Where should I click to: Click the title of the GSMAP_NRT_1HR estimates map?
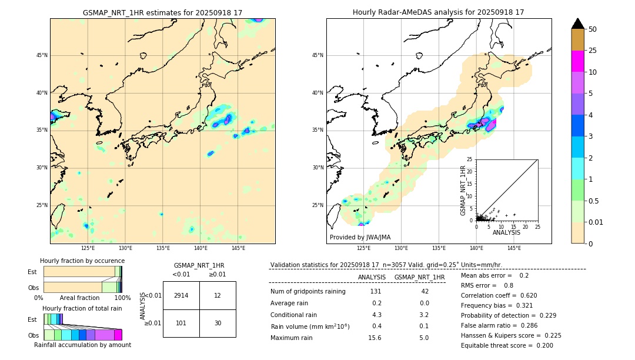162,12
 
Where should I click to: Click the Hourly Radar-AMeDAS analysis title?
439,12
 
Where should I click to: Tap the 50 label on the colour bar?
593,29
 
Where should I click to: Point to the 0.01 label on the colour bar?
596,222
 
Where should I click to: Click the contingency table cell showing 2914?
181,295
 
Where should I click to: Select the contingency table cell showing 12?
218,295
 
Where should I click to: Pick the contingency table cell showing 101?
181,323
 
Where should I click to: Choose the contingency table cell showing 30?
218,323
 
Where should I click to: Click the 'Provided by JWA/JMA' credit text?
360,238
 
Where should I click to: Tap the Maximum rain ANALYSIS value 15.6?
375,338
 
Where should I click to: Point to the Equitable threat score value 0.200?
542,345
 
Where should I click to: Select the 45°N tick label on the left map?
42,55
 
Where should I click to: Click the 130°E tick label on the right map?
401,249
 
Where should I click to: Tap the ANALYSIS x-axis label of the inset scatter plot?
506,232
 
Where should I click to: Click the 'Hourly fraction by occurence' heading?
82,261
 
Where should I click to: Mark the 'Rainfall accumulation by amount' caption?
82,345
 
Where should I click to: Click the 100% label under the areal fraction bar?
122,298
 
